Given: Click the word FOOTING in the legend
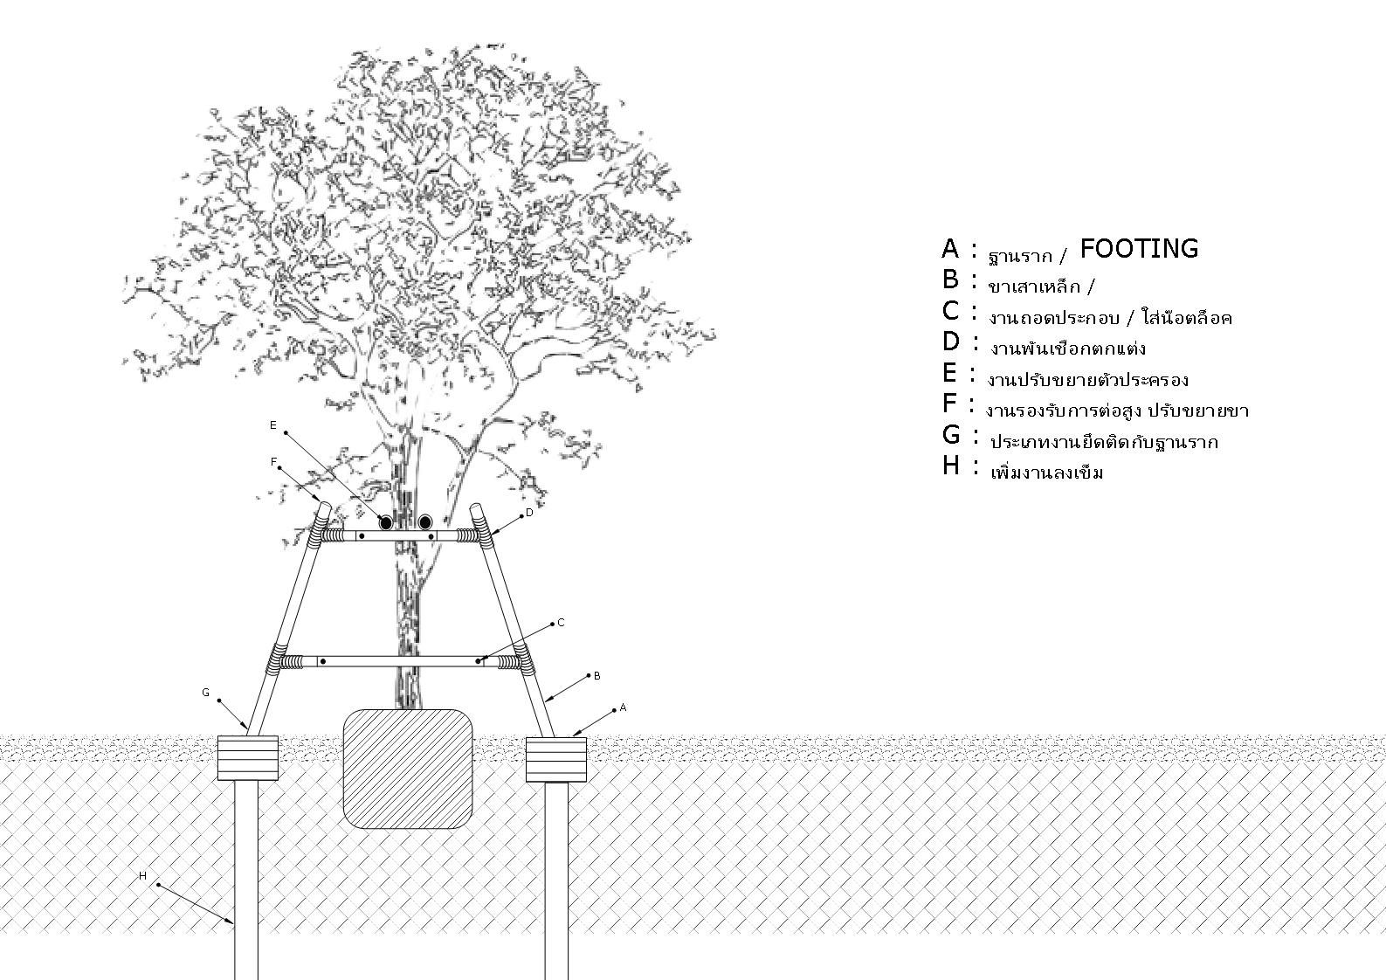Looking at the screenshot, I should point(1139,249).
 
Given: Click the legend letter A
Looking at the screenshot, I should point(950,250).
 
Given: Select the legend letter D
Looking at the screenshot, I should point(951,342).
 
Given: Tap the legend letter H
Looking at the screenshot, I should point(950,466).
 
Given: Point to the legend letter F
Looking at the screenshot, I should point(950,404).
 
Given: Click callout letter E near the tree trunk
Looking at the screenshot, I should point(273,425).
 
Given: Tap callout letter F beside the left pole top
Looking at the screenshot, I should point(274,461).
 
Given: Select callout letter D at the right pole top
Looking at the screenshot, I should point(529,513).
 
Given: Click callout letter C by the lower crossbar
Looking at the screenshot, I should point(561,623).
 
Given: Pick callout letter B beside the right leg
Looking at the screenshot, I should point(597,676).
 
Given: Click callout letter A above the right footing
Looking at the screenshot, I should point(624,708).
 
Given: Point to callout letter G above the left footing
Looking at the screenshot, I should point(206,693).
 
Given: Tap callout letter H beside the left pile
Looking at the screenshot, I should point(143,875).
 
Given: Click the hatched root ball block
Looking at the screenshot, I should point(408,769).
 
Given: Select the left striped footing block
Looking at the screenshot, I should point(247,758).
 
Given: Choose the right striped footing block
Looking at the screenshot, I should point(555,759).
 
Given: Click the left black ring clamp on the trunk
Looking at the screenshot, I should point(385,522).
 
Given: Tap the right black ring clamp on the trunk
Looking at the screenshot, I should point(425,522).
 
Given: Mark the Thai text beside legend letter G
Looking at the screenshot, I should point(1103,442).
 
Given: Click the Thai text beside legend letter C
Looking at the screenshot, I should point(1110,318).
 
